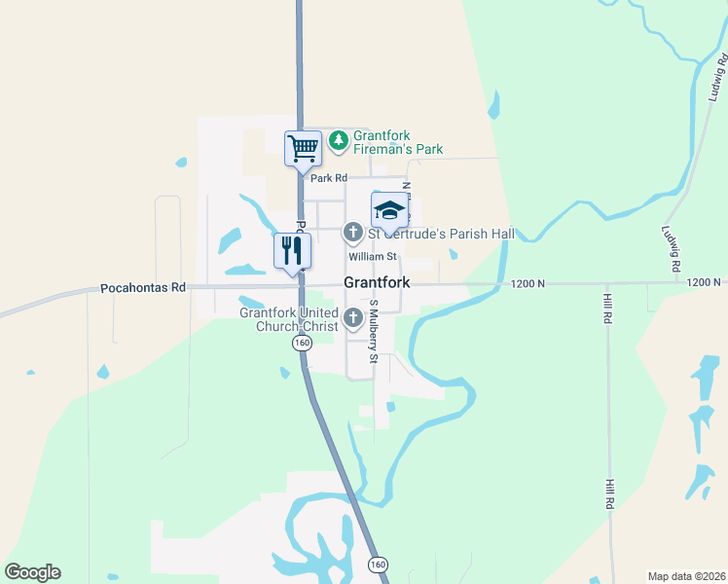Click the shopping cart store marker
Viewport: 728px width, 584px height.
(x=303, y=148)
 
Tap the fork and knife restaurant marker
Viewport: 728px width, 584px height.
(x=292, y=251)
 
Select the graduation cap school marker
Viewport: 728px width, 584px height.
(x=389, y=209)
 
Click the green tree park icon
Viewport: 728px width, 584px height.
(x=339, y=141)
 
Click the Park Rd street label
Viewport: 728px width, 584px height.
(x=328, y=178)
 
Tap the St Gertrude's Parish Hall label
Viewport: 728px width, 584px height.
(x=440, y=234)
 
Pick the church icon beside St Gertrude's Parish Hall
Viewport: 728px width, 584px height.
(x=353, y=234)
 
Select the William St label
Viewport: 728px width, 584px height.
(x=374, y=257)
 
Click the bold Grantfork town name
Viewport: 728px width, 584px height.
(x=377, y=283)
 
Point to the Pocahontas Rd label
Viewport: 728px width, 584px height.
(x=142, y=288)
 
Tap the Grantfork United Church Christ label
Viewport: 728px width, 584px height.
(x=290, y=319)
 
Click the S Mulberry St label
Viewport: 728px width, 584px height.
(x=373, y=330)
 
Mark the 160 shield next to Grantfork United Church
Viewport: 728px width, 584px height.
(x=303, y=343)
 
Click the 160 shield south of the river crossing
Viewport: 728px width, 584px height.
(x=377, y=564)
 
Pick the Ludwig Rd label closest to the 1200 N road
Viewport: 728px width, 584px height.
(x=671, y=248)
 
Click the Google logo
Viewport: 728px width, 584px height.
(x=32, y=572)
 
